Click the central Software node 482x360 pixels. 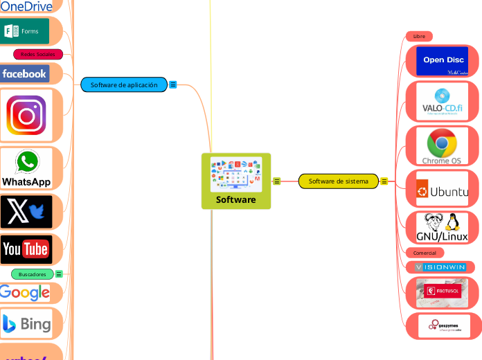(x=236, y=181)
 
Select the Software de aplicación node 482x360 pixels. (x=124, y=84)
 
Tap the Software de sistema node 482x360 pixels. (x=339, y=181)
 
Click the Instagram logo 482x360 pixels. (x=26, y=114)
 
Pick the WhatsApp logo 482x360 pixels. (x=26, y=168)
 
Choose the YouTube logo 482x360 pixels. (x=26, y=249)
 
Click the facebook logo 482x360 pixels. (x=24, y=73)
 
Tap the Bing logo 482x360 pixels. (x=26, y=323)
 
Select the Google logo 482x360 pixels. (x=25, y=293)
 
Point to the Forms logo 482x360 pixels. (x=25, y=31)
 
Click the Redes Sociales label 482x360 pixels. (x=38, y=54)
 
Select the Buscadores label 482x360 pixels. (x=33, y=274)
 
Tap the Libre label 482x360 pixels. (x=419, y=36)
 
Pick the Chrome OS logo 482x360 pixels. (x=441, y=147)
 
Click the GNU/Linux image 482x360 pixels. (x=442, y=227)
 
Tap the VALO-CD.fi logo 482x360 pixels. (x=442, y=102)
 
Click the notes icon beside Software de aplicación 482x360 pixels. (x=173, y=84)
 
